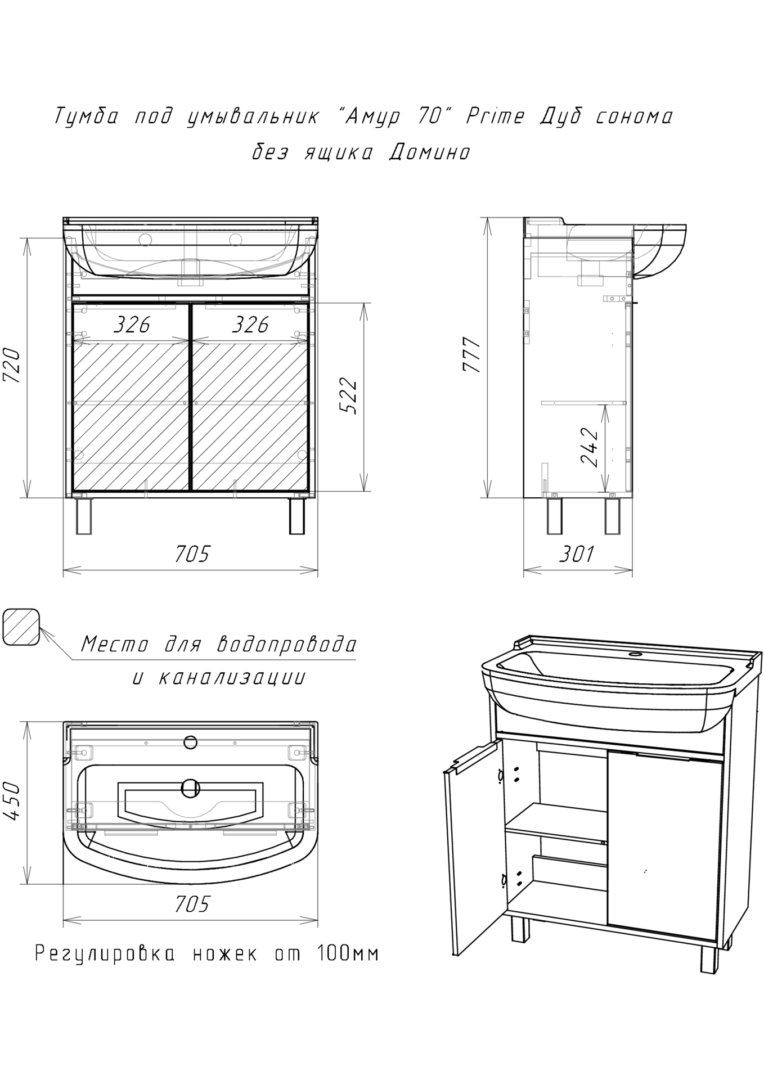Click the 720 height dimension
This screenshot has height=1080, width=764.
pyautogui.click(x=13, y=366)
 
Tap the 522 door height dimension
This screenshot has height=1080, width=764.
pyautogui.click(x=349, y=397)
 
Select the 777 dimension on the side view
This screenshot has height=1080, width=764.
pyautogui.click(x=471, y=355)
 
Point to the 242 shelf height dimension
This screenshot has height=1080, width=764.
pyautogui.click(x=589, y=448)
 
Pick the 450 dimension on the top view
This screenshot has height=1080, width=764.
pyautogui.click(x=13, y=800)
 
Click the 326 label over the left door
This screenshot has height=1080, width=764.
pyautogui.click(x=132, y=324)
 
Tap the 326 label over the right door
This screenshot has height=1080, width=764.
pyautogui.click(x=250, y=324)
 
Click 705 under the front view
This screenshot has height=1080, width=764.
pyautogui.click(x=192, y=554)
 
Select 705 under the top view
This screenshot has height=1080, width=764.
pyautogui.click(x=192, y=904)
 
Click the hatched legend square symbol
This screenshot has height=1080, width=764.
pyautogui.click(x=21, y=627)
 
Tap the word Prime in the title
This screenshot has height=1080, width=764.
pyautogui.click(x=496, y=116)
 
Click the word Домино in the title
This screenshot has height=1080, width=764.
pyautogui.click(x=430, y=152)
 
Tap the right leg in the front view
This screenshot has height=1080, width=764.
pyautogui.click(x=296, y=516)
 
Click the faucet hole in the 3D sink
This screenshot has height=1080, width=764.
pyautogui.click(x=636, y=654)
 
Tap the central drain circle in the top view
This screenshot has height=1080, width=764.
pyautogui.click(x=191, y=789)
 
